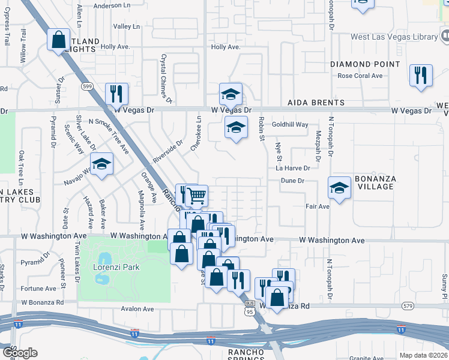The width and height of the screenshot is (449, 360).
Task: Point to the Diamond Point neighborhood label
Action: (365, 64)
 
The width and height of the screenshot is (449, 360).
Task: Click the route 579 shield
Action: (409, 306)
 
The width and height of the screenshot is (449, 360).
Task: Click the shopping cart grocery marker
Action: (197, 195)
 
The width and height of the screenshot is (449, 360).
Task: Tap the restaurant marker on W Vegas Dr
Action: (116, 94)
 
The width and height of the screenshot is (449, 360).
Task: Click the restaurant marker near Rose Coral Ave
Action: (420, 75)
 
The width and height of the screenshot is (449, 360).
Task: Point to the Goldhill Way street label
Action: (290, 125)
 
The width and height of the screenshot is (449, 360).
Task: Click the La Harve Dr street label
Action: (293, 169)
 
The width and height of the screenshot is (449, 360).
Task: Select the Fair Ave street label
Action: (318, 206)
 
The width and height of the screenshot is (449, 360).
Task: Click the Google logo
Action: (20, 353)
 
